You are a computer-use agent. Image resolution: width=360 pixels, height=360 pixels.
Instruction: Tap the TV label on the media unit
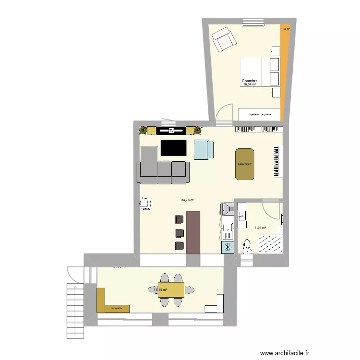point(171,130)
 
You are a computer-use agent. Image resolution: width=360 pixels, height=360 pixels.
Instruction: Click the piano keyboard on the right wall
point(276,161)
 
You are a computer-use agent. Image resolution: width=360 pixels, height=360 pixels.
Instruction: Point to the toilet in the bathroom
point(247,246)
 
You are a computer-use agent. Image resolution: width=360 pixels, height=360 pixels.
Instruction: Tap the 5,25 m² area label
point(261,228)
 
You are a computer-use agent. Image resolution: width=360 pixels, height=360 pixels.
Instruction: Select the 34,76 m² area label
point(188,200)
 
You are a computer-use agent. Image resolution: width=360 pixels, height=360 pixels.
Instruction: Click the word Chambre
point(250,81)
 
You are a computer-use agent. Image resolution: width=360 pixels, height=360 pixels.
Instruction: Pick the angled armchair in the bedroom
point(224,40)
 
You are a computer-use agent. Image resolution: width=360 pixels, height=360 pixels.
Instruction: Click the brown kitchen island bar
point(194,232)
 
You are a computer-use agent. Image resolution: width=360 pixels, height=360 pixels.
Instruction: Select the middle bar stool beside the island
point(180,233)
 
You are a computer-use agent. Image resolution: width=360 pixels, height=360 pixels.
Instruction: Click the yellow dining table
point(171,290)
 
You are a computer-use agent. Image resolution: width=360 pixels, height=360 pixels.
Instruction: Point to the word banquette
point(116,308)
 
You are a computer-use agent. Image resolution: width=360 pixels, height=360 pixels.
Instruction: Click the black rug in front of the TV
point(173,147)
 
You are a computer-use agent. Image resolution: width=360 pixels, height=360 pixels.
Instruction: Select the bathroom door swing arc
point(272,210)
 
